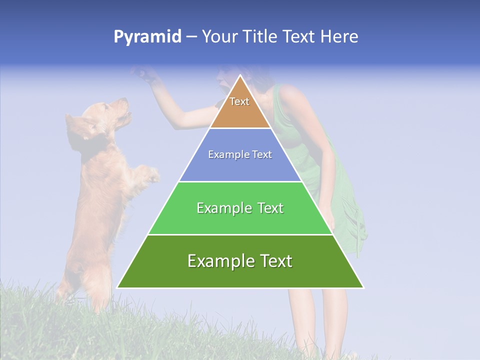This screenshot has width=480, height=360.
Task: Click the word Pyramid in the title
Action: pos(147,37)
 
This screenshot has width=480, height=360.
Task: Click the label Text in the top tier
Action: pos(239,101)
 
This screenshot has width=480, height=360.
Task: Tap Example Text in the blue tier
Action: pos(240,154)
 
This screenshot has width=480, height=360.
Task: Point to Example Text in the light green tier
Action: pos(240,208)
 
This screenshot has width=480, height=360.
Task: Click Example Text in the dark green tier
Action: pos(240,261)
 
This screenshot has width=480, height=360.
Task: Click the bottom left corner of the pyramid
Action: pos(117,287)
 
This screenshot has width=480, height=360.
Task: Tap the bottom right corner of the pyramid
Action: pos(363,287)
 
